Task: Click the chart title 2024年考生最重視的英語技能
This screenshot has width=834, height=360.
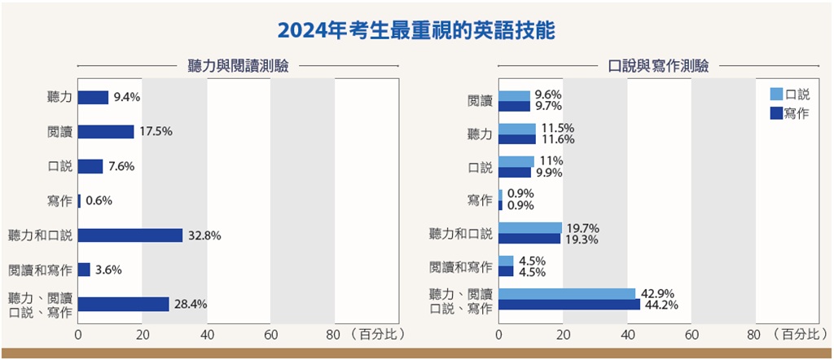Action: pyautogui.click(x=416, y=30)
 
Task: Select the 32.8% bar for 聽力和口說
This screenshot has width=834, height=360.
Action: pyautogui.click(x=130, y=235)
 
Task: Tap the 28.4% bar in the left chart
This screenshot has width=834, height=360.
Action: pyautogui.click(x=124, y=304)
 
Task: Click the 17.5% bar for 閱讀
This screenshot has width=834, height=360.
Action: pyautogui.click(x=106, y=132)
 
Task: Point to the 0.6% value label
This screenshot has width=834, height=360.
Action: pyautogui.click(x=99, y=200)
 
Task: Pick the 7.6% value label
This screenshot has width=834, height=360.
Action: pyautogui.click(x=121, y=166)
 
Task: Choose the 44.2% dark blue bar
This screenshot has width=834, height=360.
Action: pyautogui.click(x=569, y=305)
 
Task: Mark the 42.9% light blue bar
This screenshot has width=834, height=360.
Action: pyautogui.click(x=567, y=293)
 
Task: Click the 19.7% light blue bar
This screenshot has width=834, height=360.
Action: pyautogui.click(x=530, y=228)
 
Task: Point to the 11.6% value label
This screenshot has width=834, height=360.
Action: pyautogui.click(x=558, y=139)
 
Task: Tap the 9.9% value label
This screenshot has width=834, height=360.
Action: pyautogui.click(x=550, y=173)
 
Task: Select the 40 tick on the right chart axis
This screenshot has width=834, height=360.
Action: pyautogui.click(x=627, y=334)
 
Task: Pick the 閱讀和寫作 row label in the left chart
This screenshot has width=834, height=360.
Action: pyautogui.click(x=40, y=270)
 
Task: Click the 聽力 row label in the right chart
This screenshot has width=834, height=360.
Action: pyautogui.click(x=480, y=134)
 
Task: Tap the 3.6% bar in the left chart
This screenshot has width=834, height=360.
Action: pyautogui.click(x=84, y=270)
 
